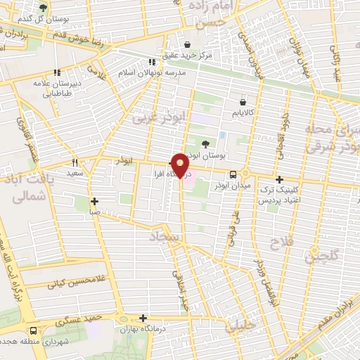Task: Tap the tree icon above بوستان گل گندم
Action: (x=44, y=8)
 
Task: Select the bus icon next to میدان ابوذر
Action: (x=232, y=175)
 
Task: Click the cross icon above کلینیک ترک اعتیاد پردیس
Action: (x=280, y=179)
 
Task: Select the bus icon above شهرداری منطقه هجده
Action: (x=34, y=331)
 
